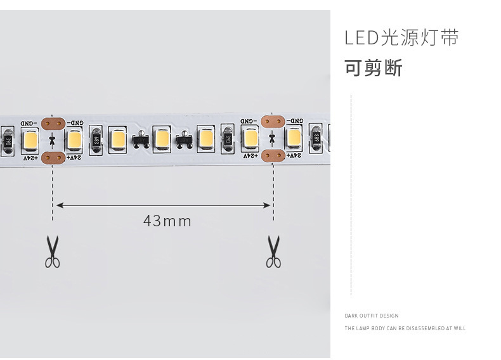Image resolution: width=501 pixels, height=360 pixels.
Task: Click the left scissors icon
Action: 52,252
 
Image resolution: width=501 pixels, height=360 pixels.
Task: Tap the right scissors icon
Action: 273,252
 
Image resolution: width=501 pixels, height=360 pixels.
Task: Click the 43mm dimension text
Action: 167,221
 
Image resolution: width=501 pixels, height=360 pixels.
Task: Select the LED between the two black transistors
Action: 162,139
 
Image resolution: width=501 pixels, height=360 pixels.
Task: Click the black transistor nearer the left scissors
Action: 140,140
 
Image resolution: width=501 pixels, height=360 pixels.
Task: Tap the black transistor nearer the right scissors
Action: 185,140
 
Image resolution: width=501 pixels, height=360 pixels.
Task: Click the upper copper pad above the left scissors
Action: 52,122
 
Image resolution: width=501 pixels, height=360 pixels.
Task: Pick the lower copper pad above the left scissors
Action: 52,157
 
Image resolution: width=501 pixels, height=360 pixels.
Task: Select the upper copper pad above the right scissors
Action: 273,120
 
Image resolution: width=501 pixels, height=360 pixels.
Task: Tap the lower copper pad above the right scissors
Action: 273,155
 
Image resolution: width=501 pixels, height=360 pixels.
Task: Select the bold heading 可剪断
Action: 374,68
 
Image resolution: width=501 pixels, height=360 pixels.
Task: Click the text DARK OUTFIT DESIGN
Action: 372,316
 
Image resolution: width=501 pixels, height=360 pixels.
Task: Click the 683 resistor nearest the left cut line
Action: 96,140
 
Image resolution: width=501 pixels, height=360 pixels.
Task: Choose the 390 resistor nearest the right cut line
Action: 227,139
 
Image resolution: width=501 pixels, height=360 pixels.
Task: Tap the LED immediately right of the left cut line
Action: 74,139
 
